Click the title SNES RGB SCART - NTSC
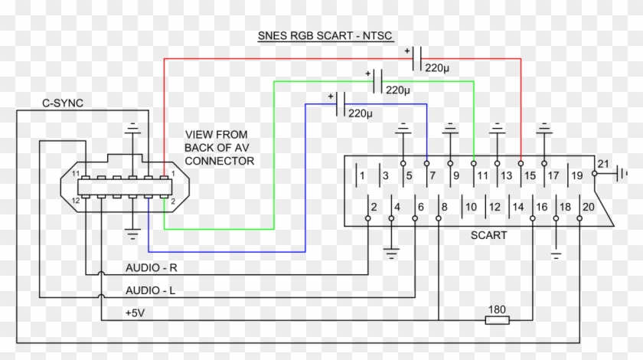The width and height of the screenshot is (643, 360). click(x=325, y=36)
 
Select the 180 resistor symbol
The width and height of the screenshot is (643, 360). click(x=497, y=320)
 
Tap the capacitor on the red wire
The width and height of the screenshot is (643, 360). click(x=416, y=59)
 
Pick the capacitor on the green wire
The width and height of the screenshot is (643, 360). click(x=377, y=81)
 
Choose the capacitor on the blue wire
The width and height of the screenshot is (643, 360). click(x=341, y=104)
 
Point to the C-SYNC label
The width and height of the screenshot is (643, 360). click(x=63, y=103)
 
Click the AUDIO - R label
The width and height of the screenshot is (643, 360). click(x=152, y=267)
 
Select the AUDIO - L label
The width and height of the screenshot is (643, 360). click(x=150, y=290)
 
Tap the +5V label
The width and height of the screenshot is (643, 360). click(x=135, y=313)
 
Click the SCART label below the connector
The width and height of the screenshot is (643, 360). click(x=489, y=235)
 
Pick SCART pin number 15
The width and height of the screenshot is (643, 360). click(x=530, y=175)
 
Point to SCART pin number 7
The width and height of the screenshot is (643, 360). click(x=432, y=175)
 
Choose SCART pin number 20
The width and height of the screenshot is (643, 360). click(x=589, y=207)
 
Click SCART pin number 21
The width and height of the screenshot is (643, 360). click(x=603, y=164)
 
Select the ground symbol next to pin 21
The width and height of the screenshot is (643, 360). click(x=622, y=174)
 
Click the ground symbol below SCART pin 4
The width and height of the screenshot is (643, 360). click(x=391, y=254)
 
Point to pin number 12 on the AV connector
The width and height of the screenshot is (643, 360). click(x=76, y=201)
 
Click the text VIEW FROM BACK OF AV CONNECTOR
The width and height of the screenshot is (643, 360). click(x=220, y=148)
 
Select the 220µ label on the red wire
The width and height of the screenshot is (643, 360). click(x=437, y=67)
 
